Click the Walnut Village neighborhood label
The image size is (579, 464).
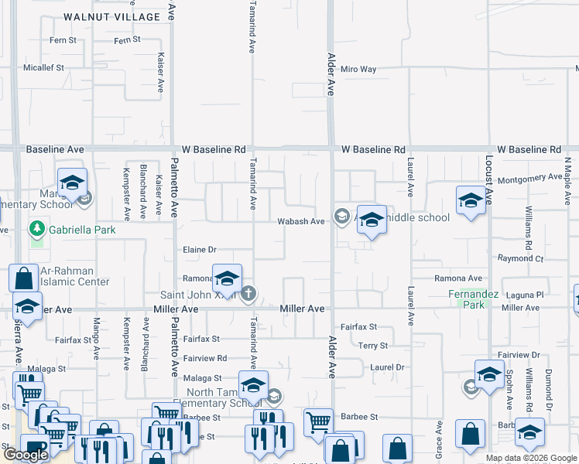112,16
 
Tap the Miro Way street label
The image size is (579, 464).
358,70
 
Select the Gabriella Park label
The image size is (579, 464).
77,230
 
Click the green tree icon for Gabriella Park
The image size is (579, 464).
36,229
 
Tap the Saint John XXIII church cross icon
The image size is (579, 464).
248,293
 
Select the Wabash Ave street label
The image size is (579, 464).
301,222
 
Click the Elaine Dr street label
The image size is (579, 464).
199,250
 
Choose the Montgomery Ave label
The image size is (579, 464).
529,178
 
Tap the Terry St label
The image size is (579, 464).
373,346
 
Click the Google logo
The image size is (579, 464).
26,455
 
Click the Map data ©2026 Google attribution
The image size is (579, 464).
530,458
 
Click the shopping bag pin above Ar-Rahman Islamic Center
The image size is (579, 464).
24,278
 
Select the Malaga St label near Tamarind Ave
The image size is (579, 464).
203,378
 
